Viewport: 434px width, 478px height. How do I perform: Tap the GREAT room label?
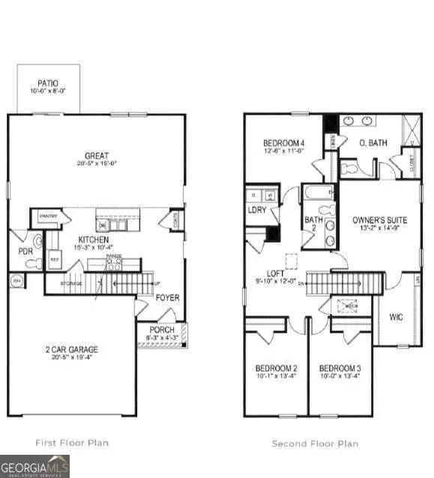[97, 156]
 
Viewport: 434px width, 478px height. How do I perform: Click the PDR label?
[25, 252]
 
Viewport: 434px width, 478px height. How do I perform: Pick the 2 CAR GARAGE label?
[71, 349]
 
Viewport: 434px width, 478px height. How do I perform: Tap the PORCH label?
[162, 330]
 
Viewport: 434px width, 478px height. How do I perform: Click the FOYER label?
[168, 297]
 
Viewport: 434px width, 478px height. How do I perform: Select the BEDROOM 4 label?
[283, 143]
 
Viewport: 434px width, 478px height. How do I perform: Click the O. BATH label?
[373, 143]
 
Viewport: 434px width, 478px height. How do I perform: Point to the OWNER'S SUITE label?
[380, 220]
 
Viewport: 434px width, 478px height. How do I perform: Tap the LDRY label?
[259, 210]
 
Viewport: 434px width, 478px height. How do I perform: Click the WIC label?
[397, 317]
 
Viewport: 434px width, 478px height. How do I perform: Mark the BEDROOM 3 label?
[340, 368]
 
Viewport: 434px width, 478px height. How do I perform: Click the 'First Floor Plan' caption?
[72, 443]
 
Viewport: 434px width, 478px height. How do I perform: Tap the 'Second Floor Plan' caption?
[315, 444]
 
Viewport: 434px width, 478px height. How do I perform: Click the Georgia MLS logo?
[34, 466]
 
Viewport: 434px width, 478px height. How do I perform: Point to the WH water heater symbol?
[16, 281]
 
